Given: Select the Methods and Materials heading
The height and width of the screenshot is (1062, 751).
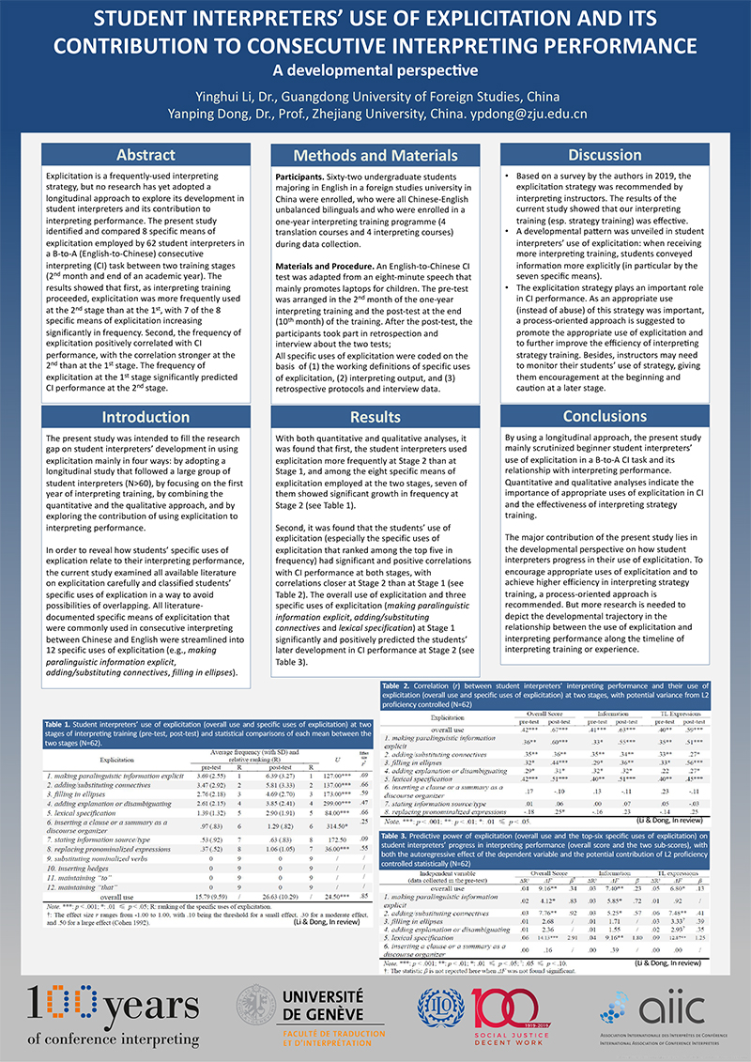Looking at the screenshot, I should pyautogui.click(x=375, y=155).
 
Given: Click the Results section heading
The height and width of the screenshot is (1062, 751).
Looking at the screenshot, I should pyautogui.click(x=375, y=417).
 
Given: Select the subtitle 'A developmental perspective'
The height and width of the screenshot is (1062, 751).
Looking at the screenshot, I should pyautogui.click(x=375, y=69).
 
